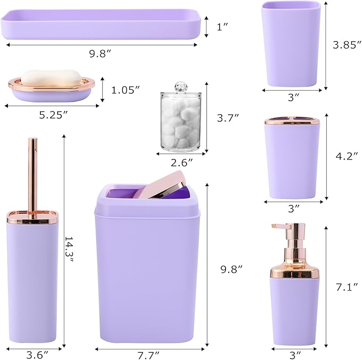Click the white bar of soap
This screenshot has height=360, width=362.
pos(52,77)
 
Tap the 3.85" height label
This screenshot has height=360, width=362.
pos(344,45)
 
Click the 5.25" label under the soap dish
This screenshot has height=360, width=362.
pos(52,115)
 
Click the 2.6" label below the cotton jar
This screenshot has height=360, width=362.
pos(182,162)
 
